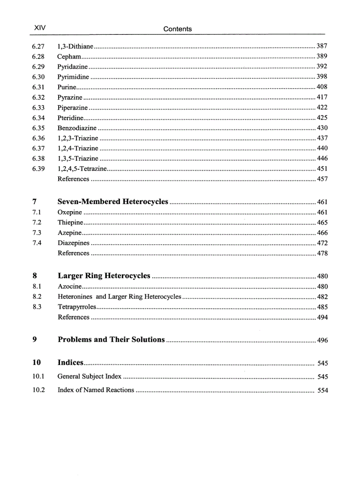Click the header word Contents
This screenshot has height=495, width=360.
[177, 29]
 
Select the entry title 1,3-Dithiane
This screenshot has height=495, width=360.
[75, 46]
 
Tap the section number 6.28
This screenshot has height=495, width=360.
[38, 56]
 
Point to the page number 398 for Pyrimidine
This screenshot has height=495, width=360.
[322, 77]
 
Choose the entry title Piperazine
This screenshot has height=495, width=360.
[72, 108]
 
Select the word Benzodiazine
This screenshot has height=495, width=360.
[77, 128]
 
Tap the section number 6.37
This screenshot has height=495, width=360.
[38, 148]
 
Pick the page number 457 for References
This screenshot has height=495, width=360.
[322, 179]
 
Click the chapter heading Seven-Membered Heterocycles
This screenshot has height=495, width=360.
[113, 202]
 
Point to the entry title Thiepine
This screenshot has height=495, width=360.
[70, 223]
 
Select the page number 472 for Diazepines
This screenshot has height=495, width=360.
[322, 243]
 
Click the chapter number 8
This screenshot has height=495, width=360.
[35, 276]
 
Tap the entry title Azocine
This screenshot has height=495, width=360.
[69, 287]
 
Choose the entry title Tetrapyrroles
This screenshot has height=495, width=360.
[76, 307]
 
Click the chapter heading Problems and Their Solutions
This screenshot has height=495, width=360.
[111, 339]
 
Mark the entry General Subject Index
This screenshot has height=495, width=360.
[90, 376]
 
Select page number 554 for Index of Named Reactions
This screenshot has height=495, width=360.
[322, 390]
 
